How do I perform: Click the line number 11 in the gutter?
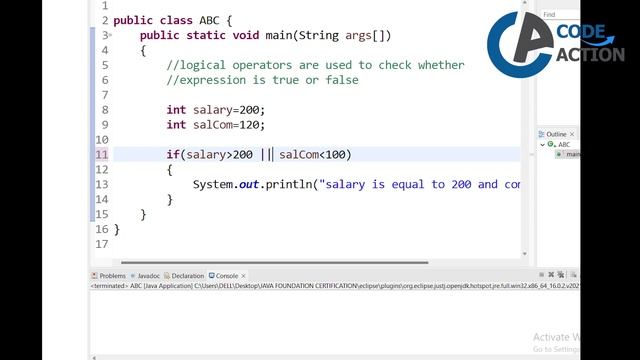(x=102, y=155)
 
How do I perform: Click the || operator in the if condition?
(x=266, y=155)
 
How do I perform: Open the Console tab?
(x=227, y=275)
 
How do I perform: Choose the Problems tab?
(x=112, y=275)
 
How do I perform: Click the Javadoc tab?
(x=148, y=275)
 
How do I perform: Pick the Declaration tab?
(x=187, y=275)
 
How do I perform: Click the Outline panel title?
(x=556, y=134)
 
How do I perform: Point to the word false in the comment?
(x=338, y=80)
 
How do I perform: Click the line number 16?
(x=102, y=229)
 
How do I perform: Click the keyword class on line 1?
(x=175, y=19)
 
